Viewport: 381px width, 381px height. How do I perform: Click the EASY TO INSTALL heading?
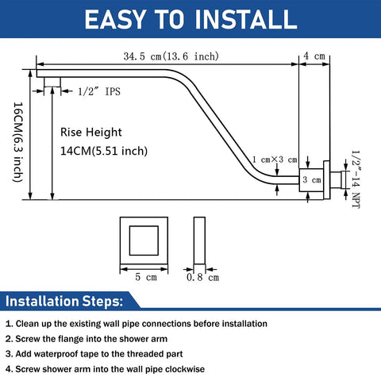[190, 19]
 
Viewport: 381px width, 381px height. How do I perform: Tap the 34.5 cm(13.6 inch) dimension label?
[171, 56]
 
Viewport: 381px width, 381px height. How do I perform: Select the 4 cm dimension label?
[314, 56]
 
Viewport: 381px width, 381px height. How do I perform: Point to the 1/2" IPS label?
[99, 91]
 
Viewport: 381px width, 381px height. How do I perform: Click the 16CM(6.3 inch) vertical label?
[18, 142]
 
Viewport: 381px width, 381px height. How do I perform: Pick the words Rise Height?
[91, 132]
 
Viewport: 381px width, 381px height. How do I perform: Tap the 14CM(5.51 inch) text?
[104, 151]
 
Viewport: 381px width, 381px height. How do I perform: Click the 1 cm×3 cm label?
[275, 160]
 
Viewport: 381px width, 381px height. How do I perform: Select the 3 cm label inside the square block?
[312, 180]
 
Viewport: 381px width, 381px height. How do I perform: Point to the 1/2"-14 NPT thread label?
[356, 179]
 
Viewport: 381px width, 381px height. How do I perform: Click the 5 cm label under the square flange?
[146, 277]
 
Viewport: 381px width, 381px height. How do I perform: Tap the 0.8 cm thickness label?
[202, 277]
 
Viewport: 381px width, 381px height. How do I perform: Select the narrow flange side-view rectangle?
[199, 241]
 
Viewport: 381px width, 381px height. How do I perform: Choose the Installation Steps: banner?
[64, 301]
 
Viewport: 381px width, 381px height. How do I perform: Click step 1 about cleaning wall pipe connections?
[137, 324]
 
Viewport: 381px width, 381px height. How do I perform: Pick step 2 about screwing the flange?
[87, 339]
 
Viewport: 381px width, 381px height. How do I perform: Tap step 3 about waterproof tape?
[94, 354]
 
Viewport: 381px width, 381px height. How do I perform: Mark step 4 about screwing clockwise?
[105, 369]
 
